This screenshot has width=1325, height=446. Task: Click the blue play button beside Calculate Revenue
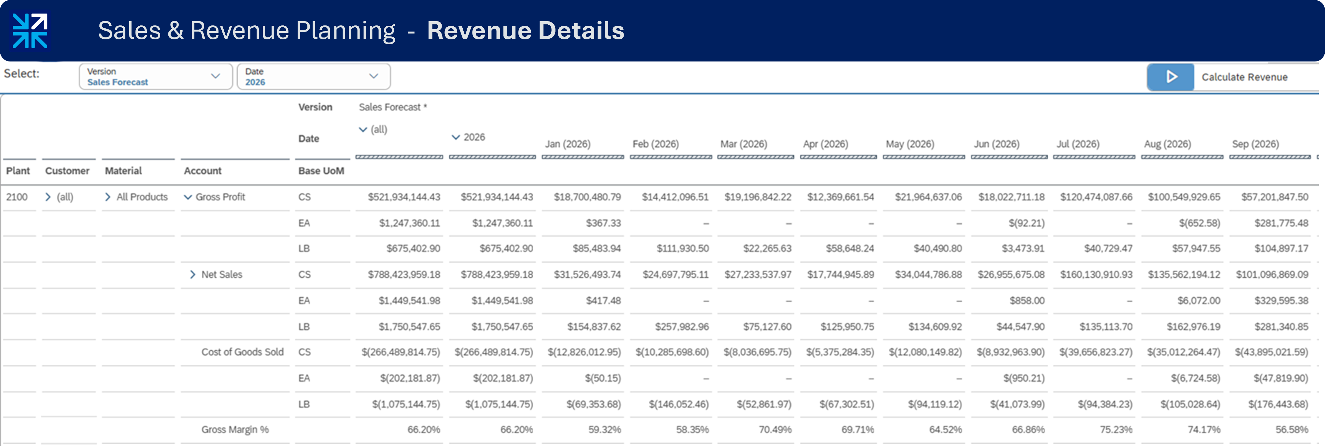(x=1170, y=77)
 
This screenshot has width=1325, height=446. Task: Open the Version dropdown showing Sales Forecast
(x=155, y=76)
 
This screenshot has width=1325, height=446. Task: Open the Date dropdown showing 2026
(x=313, y=76)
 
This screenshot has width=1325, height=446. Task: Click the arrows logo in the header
(x=30, y=31)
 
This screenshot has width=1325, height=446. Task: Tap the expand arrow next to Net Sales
(x=192, y=274)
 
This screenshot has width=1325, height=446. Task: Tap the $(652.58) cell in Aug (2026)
(x=1199, y=223)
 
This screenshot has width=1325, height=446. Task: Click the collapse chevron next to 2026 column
(x=455, y=137)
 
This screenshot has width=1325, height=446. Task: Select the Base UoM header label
(x=321, y=170)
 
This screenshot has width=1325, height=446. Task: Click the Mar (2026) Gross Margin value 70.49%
(x=775, y=429)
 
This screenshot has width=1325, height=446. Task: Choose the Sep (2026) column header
(x=1255, y=144)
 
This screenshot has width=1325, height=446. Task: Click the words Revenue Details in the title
(x=525, y=31)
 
